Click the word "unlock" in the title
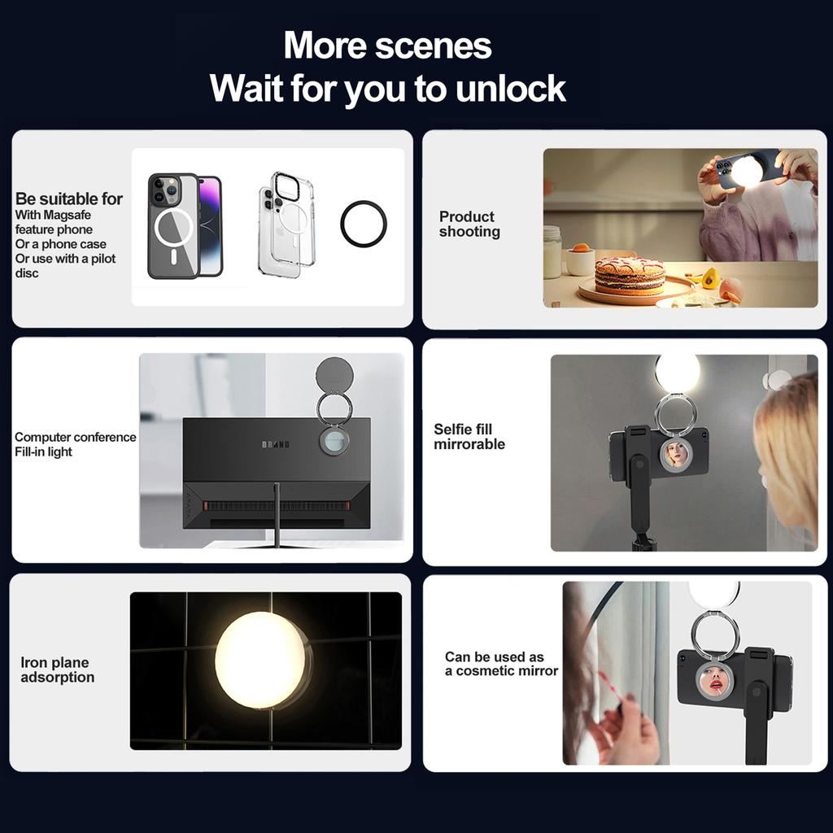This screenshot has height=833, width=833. tap(511, 88)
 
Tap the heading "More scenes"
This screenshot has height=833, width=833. tap(387, 46)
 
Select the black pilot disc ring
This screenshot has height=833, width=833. tap(364, 224)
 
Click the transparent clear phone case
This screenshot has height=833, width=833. tap(286, 224)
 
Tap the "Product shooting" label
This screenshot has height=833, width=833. tap(469, 225)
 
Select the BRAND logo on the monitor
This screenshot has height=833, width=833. tap(276, 444)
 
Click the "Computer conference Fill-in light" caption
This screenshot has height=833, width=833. tap(76, 444)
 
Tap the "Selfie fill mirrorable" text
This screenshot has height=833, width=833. tap(469, 437)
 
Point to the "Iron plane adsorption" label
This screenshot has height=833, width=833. tap(58, 669)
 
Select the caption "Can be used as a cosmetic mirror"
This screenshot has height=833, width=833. tap(501, 664)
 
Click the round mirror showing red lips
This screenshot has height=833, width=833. tap(713, 682)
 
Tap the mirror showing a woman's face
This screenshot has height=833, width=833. tap(676, 454)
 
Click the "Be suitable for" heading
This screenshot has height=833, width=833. tap(69, 198)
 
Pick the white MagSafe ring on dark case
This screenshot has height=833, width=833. tap(173, 228)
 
